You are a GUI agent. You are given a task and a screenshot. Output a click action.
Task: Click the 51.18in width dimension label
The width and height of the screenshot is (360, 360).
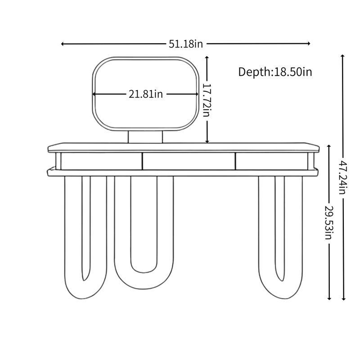pos(186,44)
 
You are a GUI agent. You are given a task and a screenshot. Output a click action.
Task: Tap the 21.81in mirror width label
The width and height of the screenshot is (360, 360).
pos(145,94)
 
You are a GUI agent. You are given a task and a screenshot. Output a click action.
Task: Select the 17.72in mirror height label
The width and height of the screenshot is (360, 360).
pos(207,100)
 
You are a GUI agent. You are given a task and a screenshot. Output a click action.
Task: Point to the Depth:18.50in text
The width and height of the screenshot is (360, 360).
pos(275,72)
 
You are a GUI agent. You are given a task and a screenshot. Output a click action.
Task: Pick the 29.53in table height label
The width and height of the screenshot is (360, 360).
pos(328,222)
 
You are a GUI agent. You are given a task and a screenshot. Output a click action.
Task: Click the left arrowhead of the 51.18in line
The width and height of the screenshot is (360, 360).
pos(62,44)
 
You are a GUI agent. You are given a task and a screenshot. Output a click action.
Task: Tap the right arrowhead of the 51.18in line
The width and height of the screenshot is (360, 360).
pos(309,43)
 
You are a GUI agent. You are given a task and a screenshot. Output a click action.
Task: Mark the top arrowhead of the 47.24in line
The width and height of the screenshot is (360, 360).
pos(342,56)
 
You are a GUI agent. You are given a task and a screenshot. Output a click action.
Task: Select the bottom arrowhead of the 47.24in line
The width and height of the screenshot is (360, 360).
pos(344,299)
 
